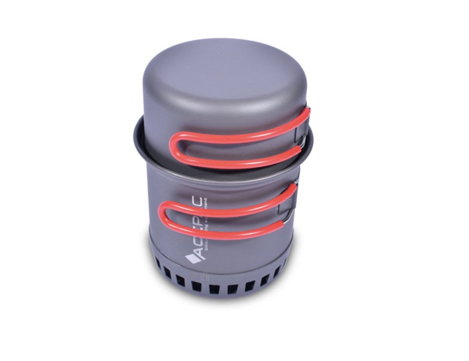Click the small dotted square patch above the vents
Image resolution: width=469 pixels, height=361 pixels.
point(205,278)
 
